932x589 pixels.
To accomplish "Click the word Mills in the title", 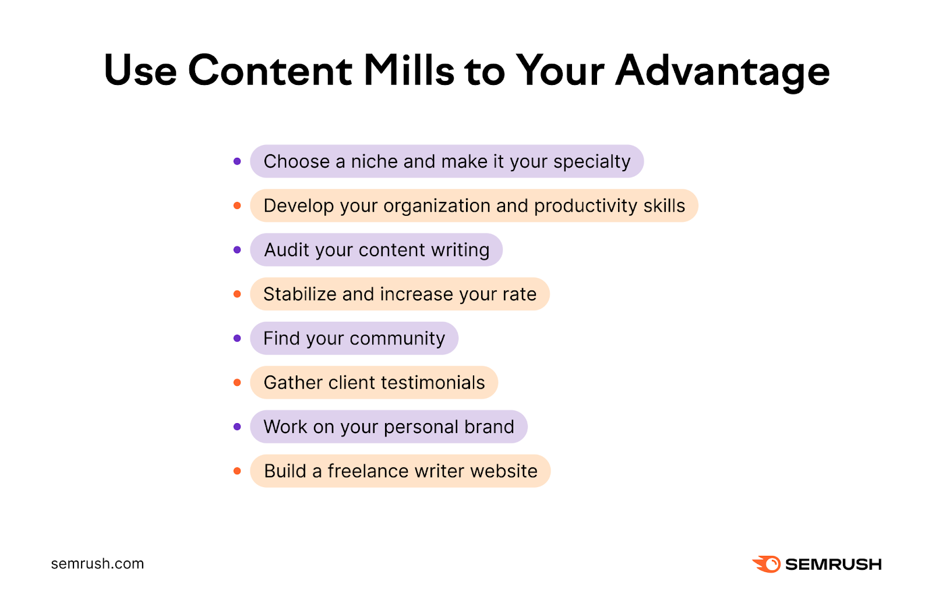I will pyautogui.click(x=408, y=71).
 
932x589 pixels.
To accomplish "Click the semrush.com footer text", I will pyautogui.click(x=97, y=563).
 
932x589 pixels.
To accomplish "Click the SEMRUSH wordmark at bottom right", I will pyautogui.click(x=833, y=564).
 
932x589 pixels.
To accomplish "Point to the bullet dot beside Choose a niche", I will pyautogui.click(x=237, y=161).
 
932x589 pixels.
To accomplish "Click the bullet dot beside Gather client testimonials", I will pyautogui.click(x=237, y=382).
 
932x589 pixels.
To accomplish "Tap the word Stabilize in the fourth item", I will pyautogui.click(x=299, y=294).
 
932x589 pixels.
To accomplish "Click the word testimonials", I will pyautogui.click(x=433, y=382).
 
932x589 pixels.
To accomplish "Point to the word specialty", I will pyautogui.click(x=592, y=162).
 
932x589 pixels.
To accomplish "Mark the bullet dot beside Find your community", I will pyautogui.click(x=237, y=338).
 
